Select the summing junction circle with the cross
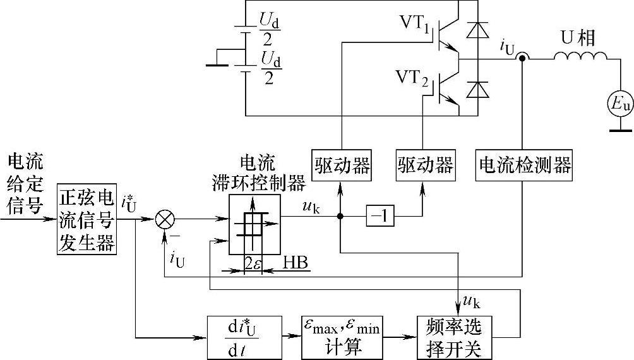point(165,219)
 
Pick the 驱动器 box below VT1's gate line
point(341,165)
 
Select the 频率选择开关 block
point(453,335)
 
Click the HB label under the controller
point(295,262)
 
